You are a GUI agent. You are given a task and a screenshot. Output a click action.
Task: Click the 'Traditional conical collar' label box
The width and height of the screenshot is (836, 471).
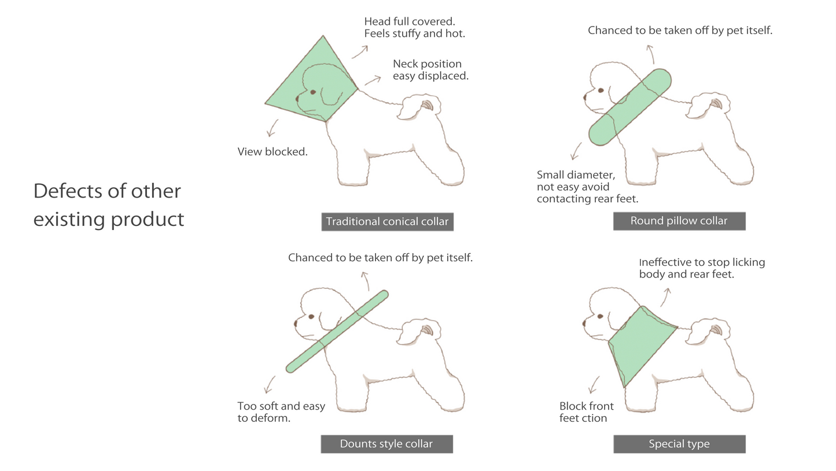coord(388,222)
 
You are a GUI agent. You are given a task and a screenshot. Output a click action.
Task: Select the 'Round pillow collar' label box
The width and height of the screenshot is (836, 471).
coord(679,221)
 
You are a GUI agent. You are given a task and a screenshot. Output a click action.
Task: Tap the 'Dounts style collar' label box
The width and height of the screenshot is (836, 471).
coord(386,444)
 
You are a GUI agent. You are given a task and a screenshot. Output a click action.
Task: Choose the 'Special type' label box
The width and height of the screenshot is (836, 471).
coord(679,444)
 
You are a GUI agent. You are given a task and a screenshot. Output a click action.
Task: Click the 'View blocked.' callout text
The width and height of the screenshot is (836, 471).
coord(272,152)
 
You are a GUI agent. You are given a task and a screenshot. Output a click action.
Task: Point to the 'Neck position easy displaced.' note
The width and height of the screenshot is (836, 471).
coord(430,70)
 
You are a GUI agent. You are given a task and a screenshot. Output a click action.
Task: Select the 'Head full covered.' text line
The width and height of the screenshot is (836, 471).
coord(410,21)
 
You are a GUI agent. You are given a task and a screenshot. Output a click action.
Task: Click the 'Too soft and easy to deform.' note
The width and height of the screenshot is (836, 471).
coord(281,411)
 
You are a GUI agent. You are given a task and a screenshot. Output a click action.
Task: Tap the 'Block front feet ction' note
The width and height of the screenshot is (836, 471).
coord(586,411)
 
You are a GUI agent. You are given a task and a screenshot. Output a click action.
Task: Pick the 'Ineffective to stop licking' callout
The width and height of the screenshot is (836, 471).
coord(702,262)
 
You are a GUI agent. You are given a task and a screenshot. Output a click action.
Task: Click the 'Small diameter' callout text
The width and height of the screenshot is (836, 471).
coord(576,175)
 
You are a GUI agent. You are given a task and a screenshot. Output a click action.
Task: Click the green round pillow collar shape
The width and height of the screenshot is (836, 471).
coord(630,107)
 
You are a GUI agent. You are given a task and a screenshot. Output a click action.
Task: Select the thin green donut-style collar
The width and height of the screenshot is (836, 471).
coord(337,332)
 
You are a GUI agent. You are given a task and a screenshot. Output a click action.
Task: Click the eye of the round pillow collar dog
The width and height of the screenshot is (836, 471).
coord(601,90)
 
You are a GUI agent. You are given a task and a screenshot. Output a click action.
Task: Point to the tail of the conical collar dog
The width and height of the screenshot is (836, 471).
coord(418,106)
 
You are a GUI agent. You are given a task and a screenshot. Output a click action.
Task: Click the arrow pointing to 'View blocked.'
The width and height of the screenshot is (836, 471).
coord(272,128)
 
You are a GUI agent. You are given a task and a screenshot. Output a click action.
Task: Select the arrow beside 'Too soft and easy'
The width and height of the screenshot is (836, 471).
coord(270,384)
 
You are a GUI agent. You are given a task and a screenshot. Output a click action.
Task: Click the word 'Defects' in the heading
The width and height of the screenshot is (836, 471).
coord(67,191)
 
